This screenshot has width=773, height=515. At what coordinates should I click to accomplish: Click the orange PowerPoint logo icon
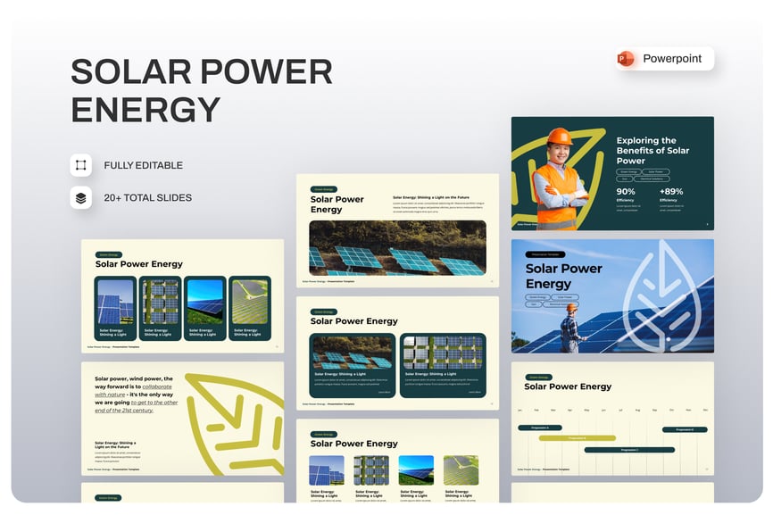626,59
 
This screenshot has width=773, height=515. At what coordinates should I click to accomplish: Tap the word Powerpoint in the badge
672,59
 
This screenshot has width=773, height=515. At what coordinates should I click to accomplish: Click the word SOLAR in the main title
125,72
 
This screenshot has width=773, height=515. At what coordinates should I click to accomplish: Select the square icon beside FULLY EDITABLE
81,165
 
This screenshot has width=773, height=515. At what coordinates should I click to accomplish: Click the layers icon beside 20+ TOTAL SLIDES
81,197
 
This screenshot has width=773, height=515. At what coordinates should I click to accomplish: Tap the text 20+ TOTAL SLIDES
147,197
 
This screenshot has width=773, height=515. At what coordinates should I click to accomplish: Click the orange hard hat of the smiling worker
560,136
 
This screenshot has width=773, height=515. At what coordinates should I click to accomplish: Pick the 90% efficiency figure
626,191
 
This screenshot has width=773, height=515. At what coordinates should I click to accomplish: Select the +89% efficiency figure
671,191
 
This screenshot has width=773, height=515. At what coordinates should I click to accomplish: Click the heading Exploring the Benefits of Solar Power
652,151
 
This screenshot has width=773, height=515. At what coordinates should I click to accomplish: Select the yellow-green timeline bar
577,438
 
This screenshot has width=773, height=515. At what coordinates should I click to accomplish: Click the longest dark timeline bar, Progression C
629,450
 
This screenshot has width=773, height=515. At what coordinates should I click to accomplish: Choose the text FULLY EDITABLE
143,165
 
